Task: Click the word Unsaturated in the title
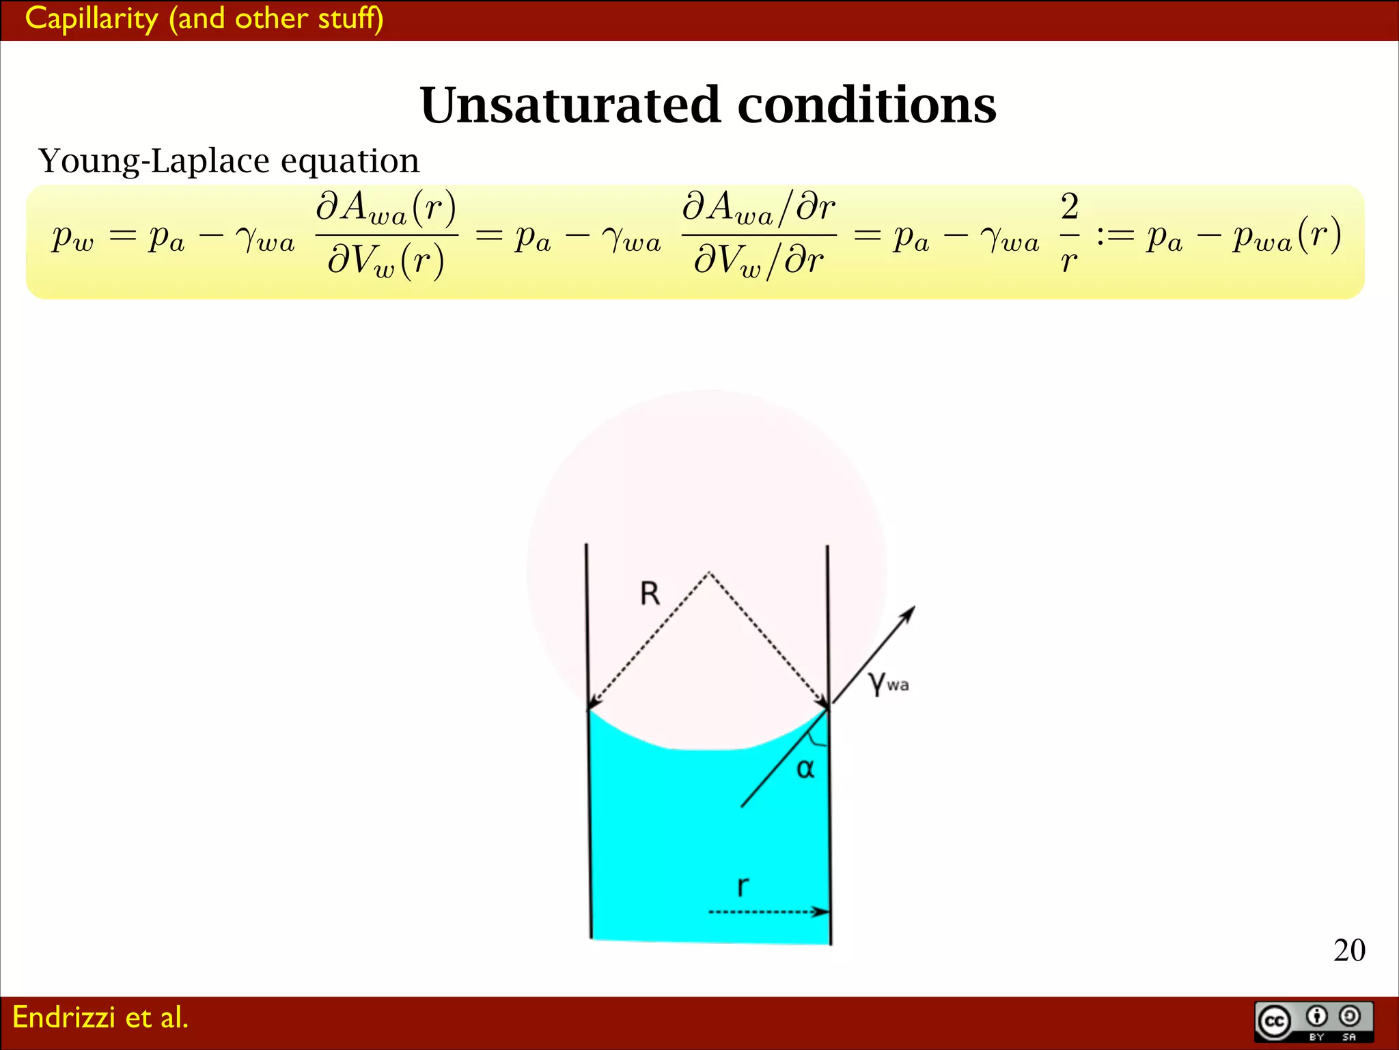(570, 106)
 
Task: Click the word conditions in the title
(866, 106)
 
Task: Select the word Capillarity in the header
(92, 18)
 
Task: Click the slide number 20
(1349, 950)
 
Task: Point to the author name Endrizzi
(64, 1017)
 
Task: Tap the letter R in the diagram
(650, 593)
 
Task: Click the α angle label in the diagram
(805, 769)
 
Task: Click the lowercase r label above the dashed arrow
(743, 887)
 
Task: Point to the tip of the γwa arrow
(913, 608)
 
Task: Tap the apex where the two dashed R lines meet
(709, 572)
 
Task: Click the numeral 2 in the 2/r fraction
(1070, 206)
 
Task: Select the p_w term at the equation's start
(72, 238)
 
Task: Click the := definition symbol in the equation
(1115, 237)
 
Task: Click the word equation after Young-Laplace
(350, 161)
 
